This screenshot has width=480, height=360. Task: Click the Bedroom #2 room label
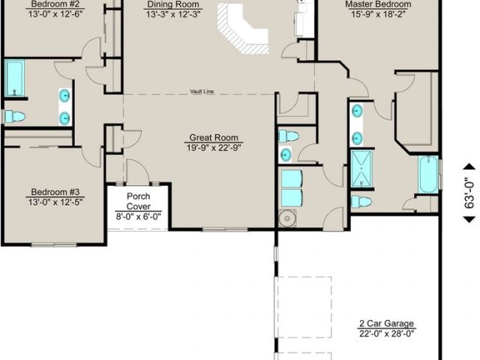pos(55,4)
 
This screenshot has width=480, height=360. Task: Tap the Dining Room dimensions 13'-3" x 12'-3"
pos(173,14)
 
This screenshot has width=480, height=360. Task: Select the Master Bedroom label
pos(378,4)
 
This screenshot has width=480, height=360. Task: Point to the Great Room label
pos(214,137)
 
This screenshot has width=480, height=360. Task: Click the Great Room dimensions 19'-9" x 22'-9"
pos(214,148)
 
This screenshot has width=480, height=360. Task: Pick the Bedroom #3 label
pos(55,192)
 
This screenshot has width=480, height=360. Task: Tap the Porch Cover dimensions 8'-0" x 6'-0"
pos(138,217)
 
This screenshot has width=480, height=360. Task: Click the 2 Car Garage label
pos(387,323)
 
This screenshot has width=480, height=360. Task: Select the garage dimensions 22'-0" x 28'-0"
pos(387,333)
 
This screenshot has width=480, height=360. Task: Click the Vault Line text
pos(202,91)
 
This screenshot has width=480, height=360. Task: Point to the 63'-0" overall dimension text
pos(469,193)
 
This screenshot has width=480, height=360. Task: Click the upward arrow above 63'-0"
pos(469,166)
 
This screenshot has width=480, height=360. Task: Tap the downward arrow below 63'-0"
pos(469,219)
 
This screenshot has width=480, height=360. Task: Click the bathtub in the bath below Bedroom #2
pos(14,78)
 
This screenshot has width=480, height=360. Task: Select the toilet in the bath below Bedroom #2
pos(14,116)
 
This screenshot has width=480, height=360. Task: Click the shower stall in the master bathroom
pos(361,168)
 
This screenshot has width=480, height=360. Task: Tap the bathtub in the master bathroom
pos(428,175)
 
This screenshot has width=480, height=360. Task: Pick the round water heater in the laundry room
pos(287,218)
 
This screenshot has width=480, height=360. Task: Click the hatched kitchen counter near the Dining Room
pos(243,29)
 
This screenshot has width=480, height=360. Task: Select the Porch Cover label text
pos(138,201)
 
